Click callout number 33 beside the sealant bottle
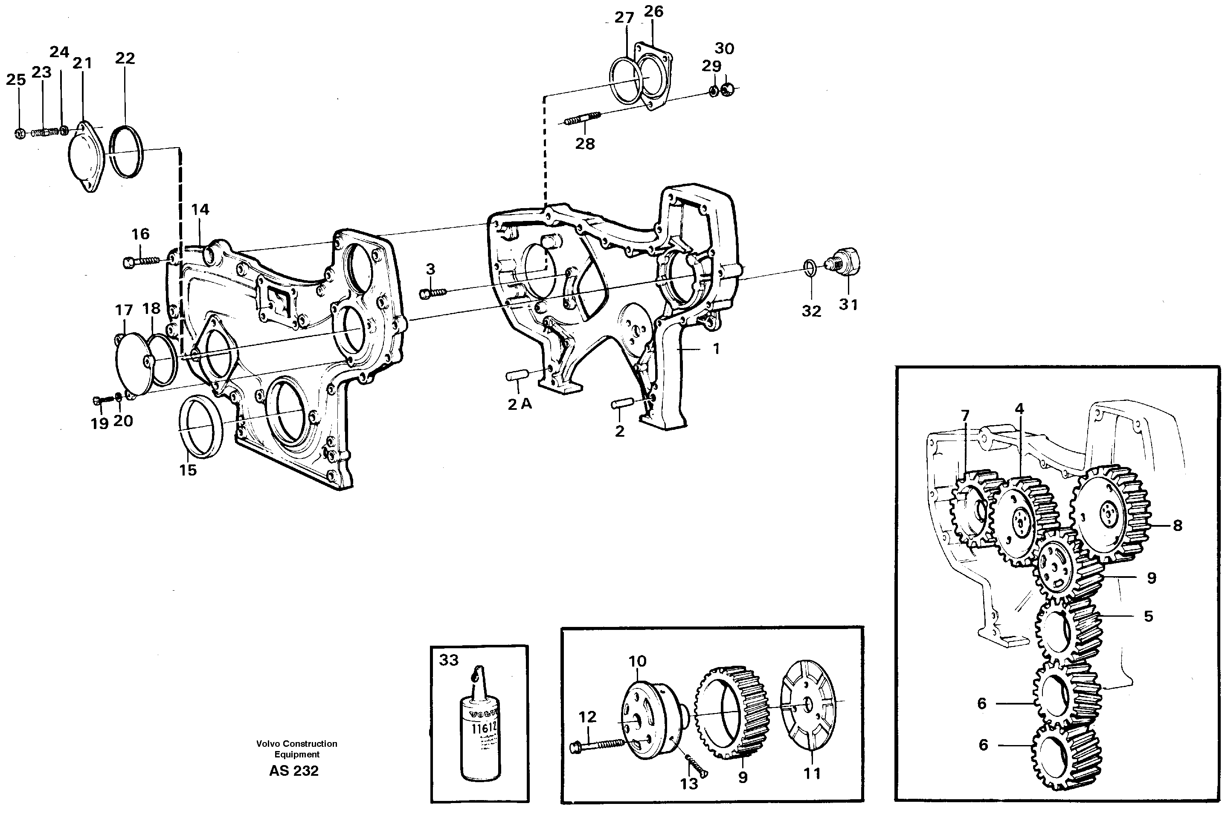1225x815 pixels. point(449,660)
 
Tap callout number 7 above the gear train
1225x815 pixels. point(965,415)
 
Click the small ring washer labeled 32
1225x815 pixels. point(809,268)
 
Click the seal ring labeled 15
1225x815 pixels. point(200,426)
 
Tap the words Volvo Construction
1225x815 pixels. point(296,744)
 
